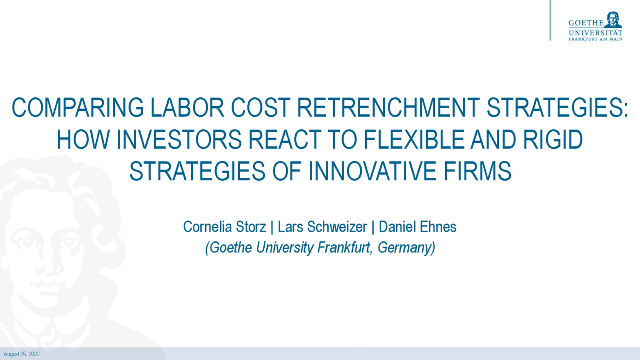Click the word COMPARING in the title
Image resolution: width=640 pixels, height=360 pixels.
pos(78,108)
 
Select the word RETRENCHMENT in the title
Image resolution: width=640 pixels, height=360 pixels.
pos(388,108)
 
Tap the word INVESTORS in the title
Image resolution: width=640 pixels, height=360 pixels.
pos(179,140)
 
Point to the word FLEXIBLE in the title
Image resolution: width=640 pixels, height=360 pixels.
pos(414,140)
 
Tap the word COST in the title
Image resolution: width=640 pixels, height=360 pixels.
pos(260,108)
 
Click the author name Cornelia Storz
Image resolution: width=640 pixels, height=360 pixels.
pos(224,227)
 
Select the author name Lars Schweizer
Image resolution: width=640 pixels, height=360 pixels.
pos(322,227)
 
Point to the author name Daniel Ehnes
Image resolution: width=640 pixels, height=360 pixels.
pos(417,227)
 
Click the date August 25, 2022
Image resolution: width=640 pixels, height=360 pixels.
pos(21,354)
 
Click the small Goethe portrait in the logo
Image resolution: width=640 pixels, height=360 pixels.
pos(613,19)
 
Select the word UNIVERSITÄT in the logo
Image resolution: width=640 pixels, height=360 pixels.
pos(595,33)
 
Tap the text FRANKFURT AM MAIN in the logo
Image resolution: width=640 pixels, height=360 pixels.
pos(595,39)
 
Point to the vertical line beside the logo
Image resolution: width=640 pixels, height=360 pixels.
pos(550,20)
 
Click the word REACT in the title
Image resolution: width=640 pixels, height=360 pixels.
pos(285,140)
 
